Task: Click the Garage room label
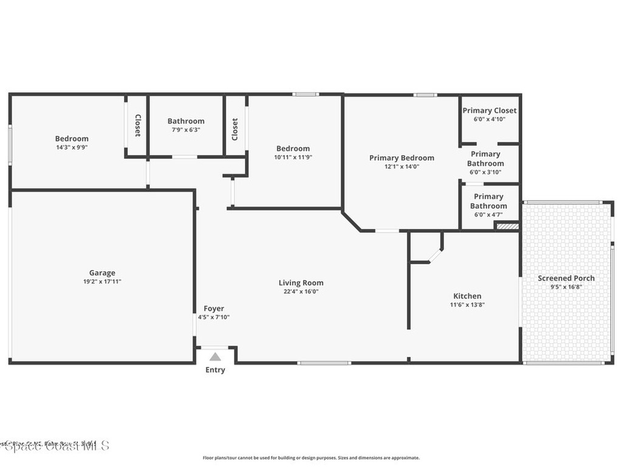pos(102,273)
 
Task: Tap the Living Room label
pos(301,283)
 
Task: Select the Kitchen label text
pos(467,296)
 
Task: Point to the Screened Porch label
pos(566,278)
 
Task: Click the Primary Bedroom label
pos(402,158)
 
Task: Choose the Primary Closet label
pos(490,111)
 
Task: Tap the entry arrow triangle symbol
pos(215,357)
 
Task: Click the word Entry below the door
pos(215,370)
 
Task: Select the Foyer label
pos(214,309)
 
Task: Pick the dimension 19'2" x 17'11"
pos(102,282)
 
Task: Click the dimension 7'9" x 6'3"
pos(186,130)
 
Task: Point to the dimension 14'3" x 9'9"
pos(72,147)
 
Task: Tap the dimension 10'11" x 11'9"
pos(293,157)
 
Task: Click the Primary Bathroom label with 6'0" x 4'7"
pos(488,201)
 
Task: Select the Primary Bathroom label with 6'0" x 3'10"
pos(486,159)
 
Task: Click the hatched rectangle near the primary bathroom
pos(507,226)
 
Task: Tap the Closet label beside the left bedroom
pos(137,125)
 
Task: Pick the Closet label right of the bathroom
pos(235,129)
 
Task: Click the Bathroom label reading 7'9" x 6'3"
pos(186,121)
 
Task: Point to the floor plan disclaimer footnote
pos(310,458)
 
